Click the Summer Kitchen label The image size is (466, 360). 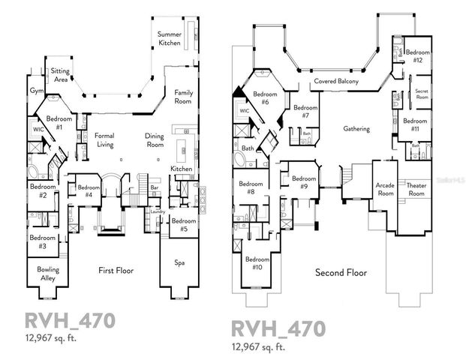pos(169,39)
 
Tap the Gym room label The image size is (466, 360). pos(35,90)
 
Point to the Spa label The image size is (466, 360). pos(180,263)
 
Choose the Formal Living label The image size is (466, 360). pos(104,140)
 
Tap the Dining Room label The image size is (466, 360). pos(155,140)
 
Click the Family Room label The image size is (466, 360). pos(183,97)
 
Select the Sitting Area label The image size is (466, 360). pos(60,75)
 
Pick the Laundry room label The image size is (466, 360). pos(158,211)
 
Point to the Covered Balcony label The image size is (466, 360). pos(335,81)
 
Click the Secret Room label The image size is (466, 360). pos(422,93)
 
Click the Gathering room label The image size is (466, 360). pos(356,129)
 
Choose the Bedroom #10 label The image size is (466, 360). pos(257,263)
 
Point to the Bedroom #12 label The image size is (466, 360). pos(417,56)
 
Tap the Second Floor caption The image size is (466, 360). pos(341,272)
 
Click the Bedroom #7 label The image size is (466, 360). pos(305,112)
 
